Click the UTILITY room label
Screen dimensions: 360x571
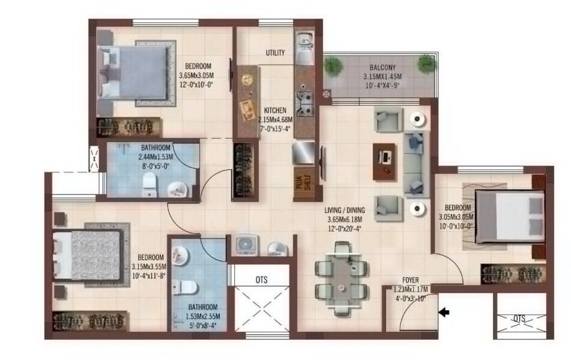coord(275,53)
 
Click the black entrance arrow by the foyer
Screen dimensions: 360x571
coord(444,312)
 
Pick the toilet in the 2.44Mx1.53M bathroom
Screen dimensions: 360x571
coord(147,187)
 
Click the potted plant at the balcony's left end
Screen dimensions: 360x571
coord(333,64)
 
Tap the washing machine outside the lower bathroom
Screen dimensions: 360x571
coord(245,245)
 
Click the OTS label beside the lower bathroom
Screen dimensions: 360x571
coord(261,280)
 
